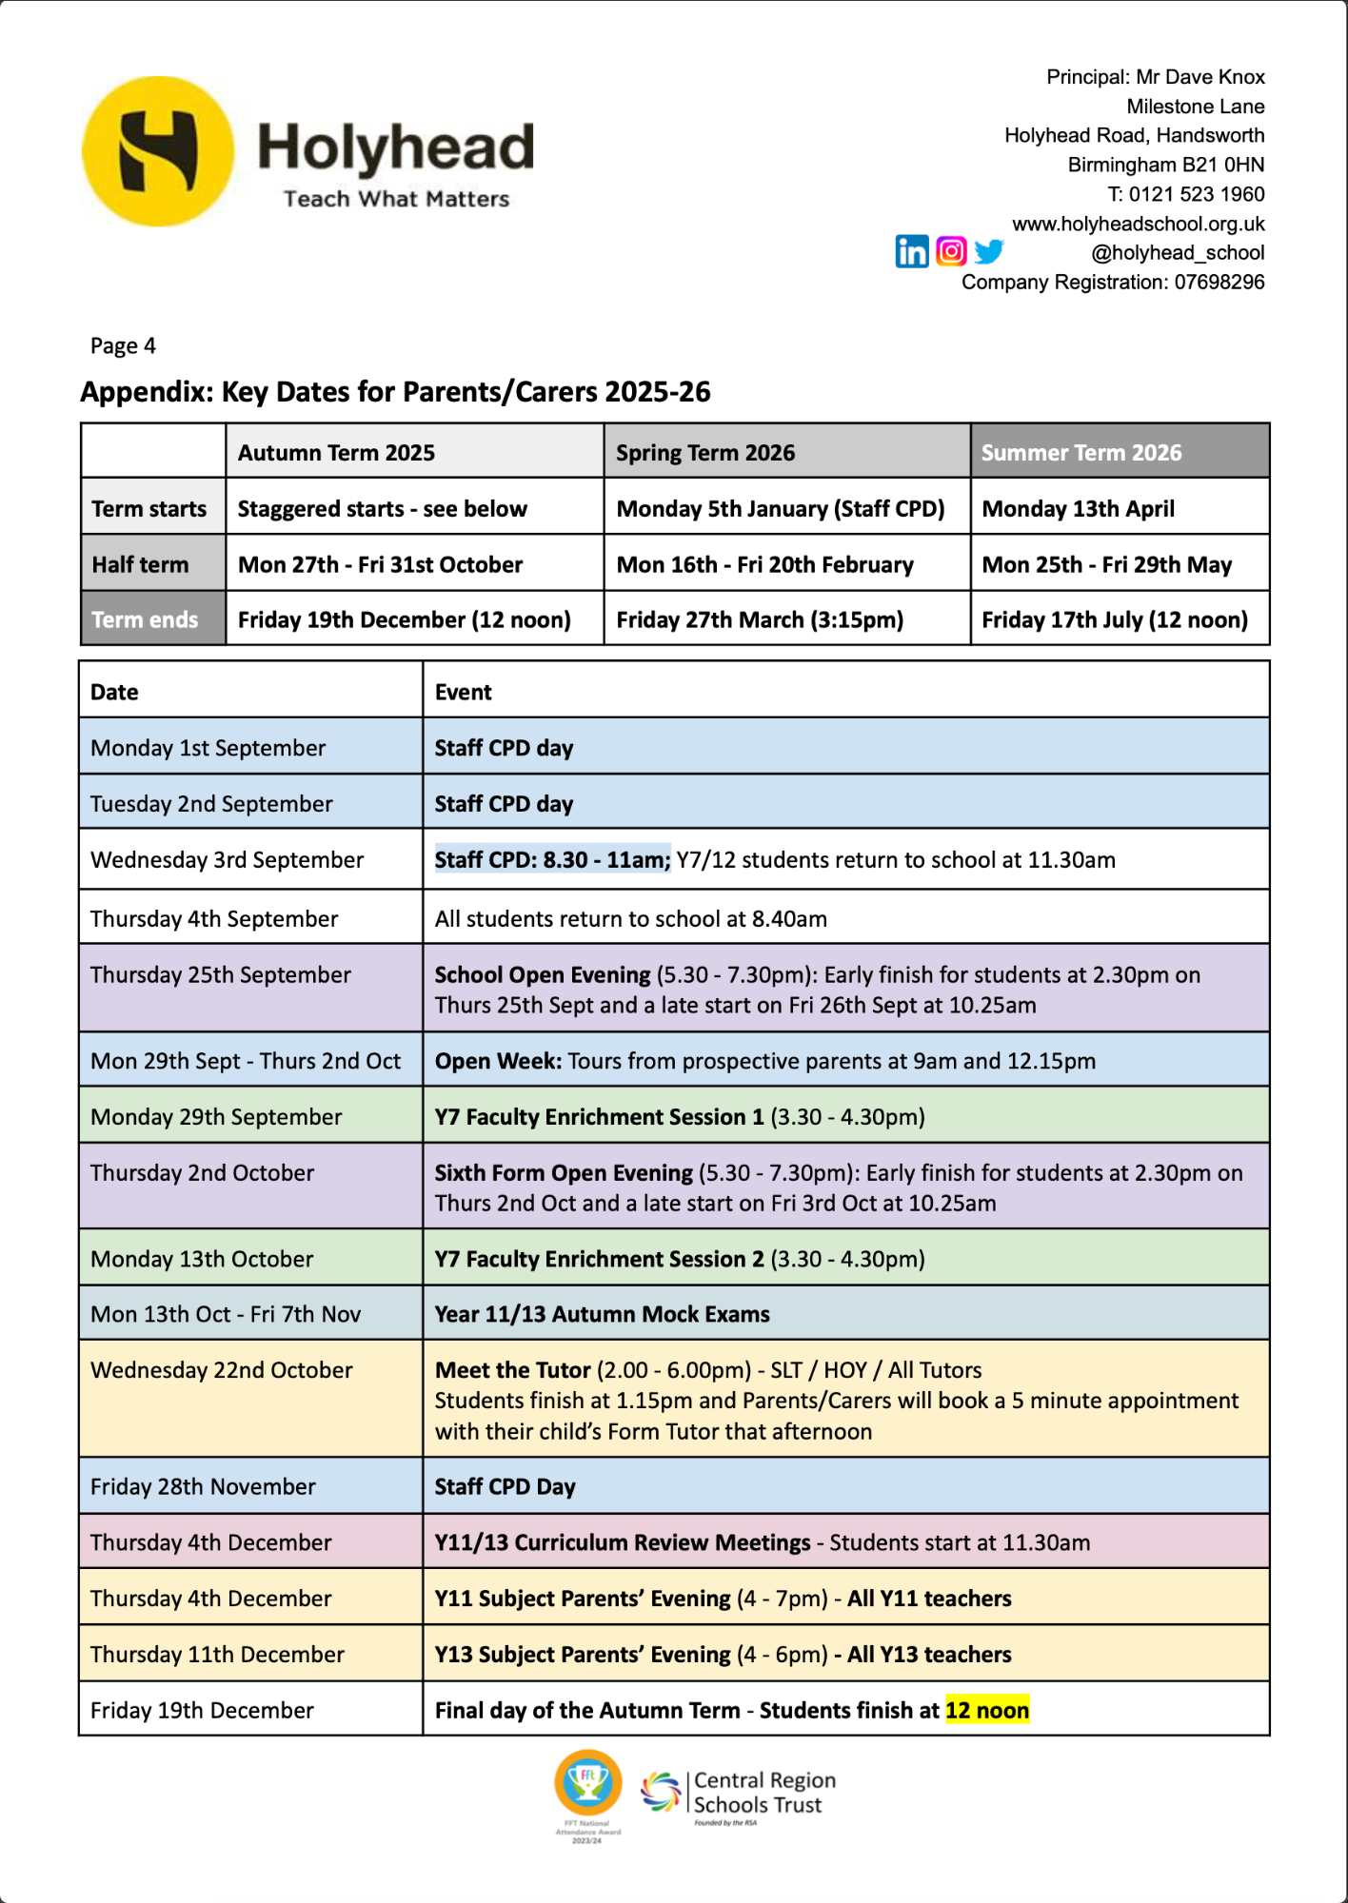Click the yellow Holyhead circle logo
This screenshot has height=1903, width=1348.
tap(158, 151)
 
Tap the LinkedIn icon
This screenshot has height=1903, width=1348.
tap(911, 251)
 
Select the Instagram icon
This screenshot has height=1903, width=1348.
tap(951, 250)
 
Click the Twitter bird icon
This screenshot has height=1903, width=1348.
tap(989, 251)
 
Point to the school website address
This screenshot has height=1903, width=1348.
tap(1138, 224)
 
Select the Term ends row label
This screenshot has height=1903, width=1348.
tap(145, 619)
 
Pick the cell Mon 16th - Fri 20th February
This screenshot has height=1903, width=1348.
tap(764, 564)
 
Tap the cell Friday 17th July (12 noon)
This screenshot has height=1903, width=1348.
tap(1114, 619)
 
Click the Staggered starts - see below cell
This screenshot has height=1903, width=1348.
tap(382, 508)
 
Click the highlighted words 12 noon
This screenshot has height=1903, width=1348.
tap(986, 1710)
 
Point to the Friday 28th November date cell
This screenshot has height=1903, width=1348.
tap(203, 1486)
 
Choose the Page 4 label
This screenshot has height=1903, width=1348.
tap(123, 345)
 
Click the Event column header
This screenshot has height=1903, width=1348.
tap(464, 692)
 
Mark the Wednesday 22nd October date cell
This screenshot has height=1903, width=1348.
tap(222, 1370)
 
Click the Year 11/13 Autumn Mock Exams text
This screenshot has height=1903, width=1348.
tap(602, 1314)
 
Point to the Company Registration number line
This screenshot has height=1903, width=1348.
tap(1112, 282)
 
